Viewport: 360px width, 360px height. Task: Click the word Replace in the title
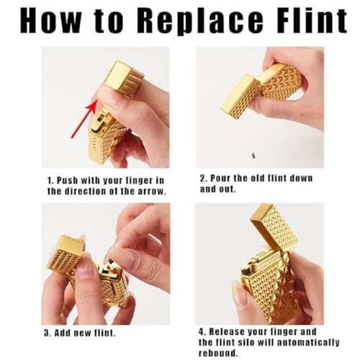203,21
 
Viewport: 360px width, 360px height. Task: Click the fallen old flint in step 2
253,156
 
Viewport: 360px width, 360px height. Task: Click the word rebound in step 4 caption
217,353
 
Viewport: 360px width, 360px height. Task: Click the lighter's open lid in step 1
125,78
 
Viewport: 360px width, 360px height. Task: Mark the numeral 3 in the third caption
46,333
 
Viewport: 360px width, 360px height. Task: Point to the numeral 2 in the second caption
202,179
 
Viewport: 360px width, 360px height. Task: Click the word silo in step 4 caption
246,343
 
